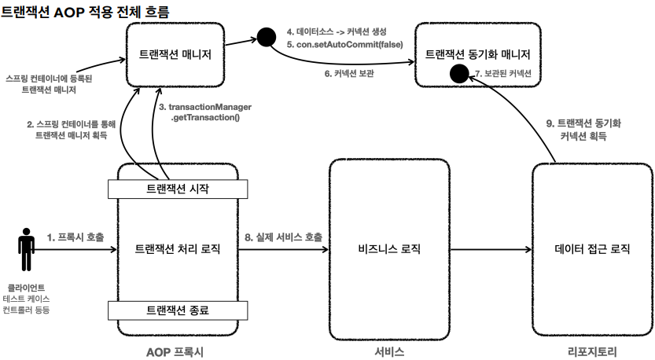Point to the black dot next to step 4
266,36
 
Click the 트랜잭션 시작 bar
178,189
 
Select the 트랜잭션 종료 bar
178,310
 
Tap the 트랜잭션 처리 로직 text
178,249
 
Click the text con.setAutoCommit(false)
345,45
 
